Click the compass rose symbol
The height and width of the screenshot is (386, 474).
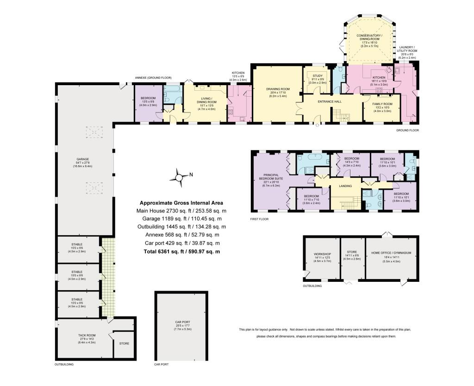(x=179, y=176)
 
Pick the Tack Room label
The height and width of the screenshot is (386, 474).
(x=87, y=336)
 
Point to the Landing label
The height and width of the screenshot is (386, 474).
(x=345, y=186)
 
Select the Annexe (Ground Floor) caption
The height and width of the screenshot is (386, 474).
(x=153, y=77)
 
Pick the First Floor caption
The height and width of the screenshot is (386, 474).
(x=259, y=218)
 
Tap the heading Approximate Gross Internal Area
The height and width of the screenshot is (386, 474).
(x=181, y=203)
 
